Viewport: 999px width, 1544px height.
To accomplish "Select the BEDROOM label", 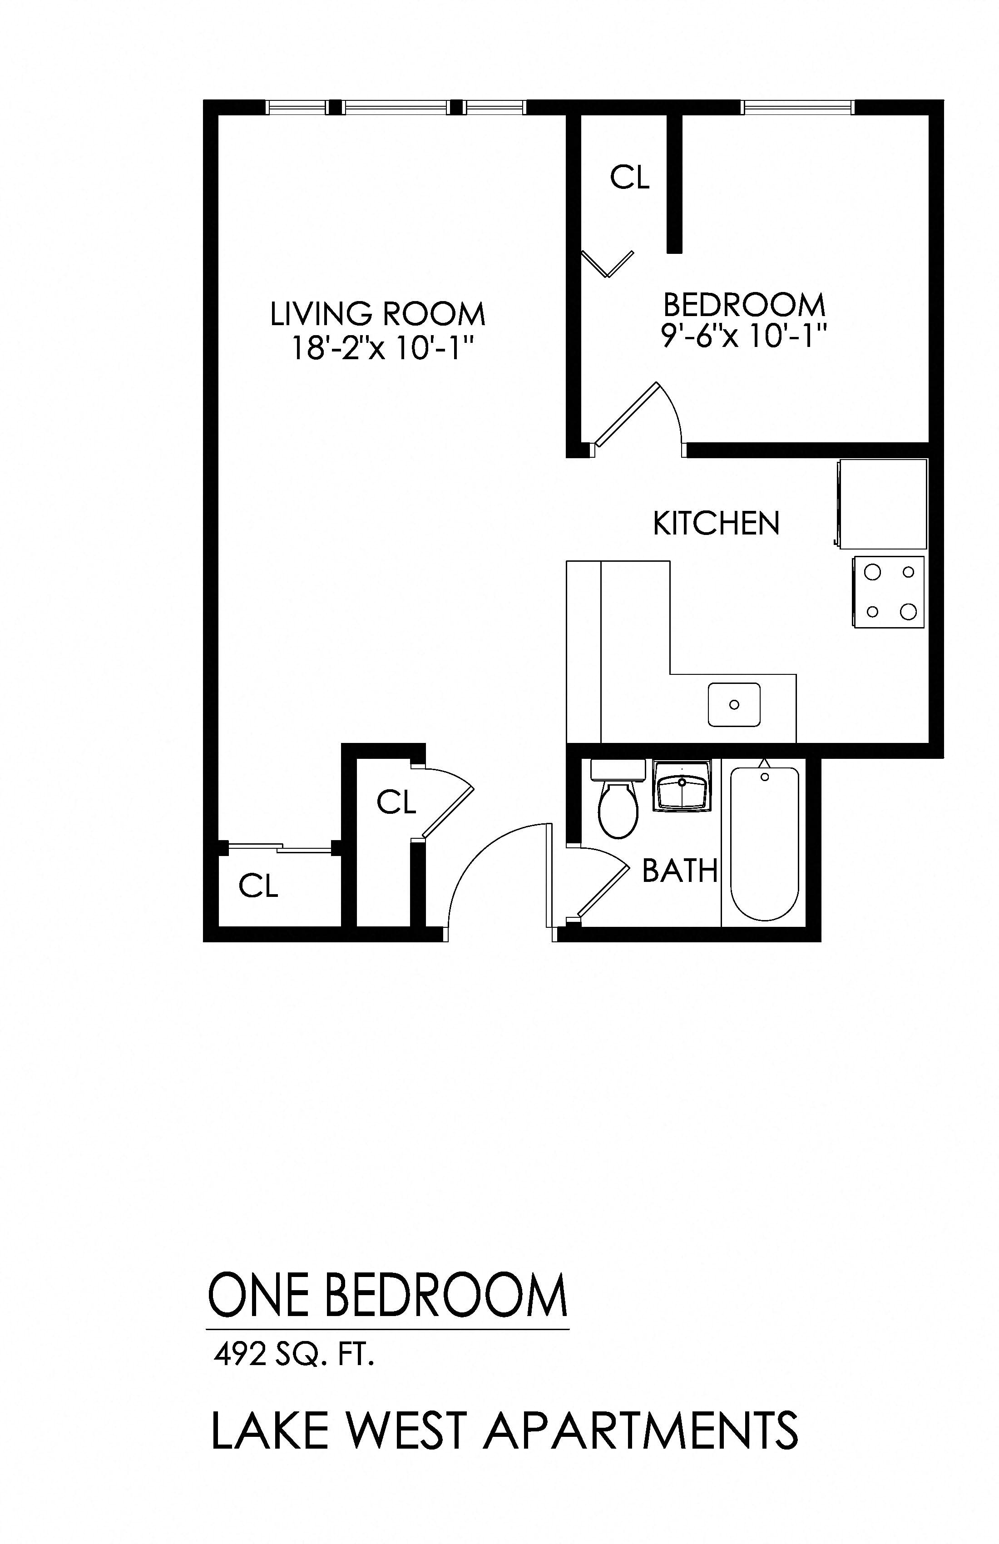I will pyautogui.click(x=744, y=304).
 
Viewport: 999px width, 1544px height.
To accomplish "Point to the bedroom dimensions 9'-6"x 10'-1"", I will pyautogui.click(x=744, y=336).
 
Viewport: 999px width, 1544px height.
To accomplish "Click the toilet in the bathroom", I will pyautogui.click(x=618, y=804).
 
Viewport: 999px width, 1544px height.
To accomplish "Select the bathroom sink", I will pyautogui.click(x=682, y=786).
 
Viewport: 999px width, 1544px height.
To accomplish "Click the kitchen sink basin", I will pyautogui.click(x=734, y=704).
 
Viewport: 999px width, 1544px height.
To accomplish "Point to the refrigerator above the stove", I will pyautogui.click(x=883, y=504).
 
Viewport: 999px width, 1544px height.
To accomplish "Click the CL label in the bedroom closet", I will pyautogui.click(x=630, y=177).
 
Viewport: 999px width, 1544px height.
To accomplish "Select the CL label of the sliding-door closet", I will pyautogui.click(x=258, y=886).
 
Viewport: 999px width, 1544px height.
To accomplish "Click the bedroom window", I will pyautogui.click(x=797, y=107).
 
